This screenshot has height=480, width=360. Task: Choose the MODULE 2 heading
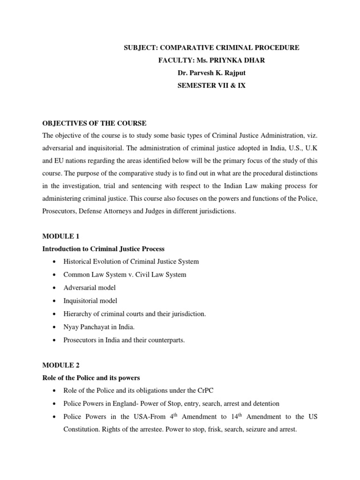click(x=58, y=365)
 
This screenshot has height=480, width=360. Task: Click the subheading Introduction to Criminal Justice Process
click(x=104, y=248)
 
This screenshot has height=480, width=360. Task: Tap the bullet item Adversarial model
click(x=90, y=288)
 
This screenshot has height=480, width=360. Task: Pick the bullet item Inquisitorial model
click(x=90, y=301)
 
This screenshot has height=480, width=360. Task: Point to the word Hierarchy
click(x=77, y=314)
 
